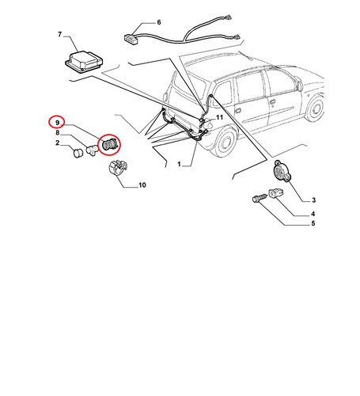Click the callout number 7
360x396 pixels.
click(x=59, y=34)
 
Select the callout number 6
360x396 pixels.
click(x=159, y=22)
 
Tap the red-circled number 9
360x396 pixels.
click(x=57, y=123)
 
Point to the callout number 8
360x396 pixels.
click(x=58, y=133)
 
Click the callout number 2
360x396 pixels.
click(x=58, y=143)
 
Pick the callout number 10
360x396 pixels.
click(x=142, y=185)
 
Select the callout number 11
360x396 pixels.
click(x=219, y=117)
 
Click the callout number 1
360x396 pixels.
click(x=179, y=164)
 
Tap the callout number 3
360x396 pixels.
click(x=313, y=200)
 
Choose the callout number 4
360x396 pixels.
click(x=313, y=214)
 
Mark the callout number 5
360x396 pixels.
click(x=313, y=223)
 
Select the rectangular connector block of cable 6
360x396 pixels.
click(x=130, y=37)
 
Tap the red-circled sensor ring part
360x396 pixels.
click(x=109, y=145)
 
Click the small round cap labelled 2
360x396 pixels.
click(x=78, y=153)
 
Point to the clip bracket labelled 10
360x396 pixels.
click(x=118, y=168)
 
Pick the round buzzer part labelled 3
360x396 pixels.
click(x=281, y=171)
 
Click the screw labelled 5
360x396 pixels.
click(x=260, y=198)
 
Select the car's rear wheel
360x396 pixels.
click(x=225, y=141)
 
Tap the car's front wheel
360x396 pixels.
click(x=315, y=108)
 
